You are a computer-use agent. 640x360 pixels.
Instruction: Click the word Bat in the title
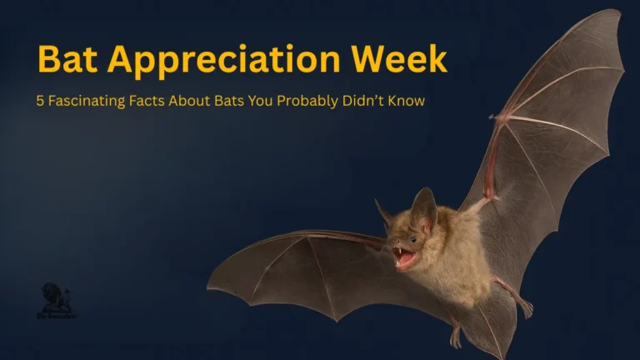(66, 59)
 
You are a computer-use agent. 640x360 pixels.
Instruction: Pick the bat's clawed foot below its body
(456, 337)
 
